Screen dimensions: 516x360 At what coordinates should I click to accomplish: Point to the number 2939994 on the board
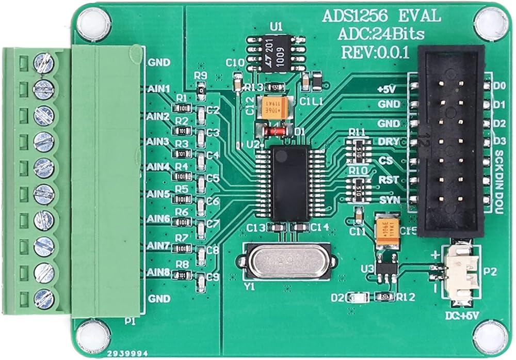point(125,354)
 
